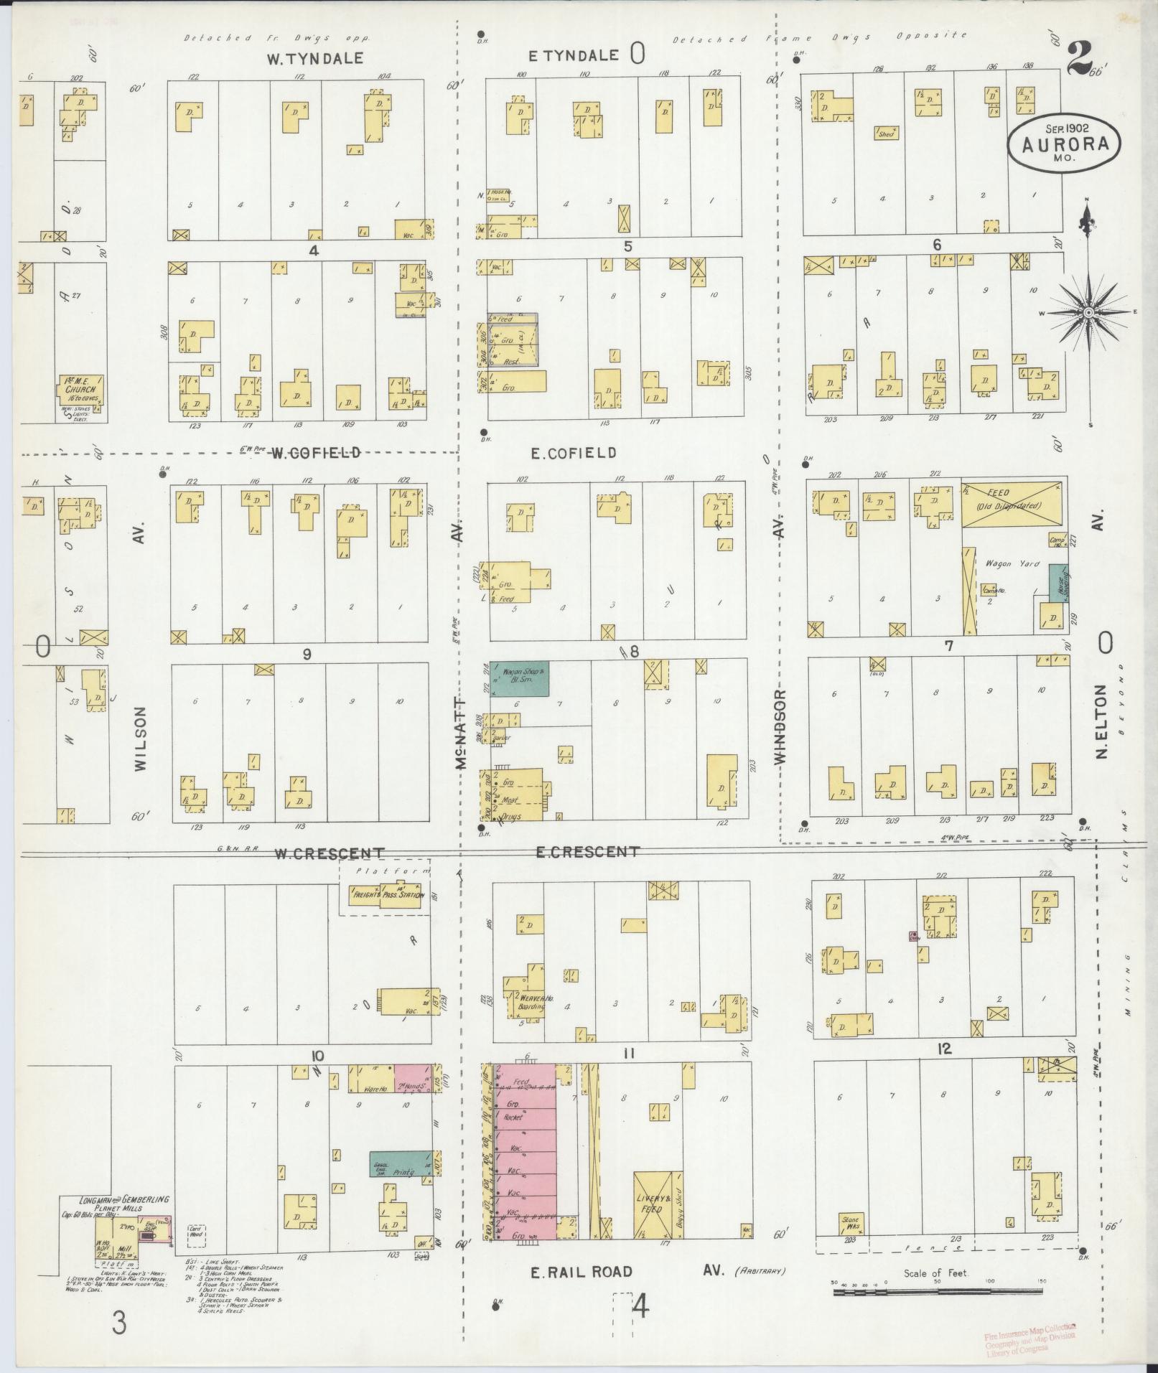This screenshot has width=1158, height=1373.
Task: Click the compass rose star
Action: [1088, 313]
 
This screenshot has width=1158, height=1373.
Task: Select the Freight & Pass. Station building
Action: [384, 895]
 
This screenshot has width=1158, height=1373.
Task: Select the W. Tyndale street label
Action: [315, 59]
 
